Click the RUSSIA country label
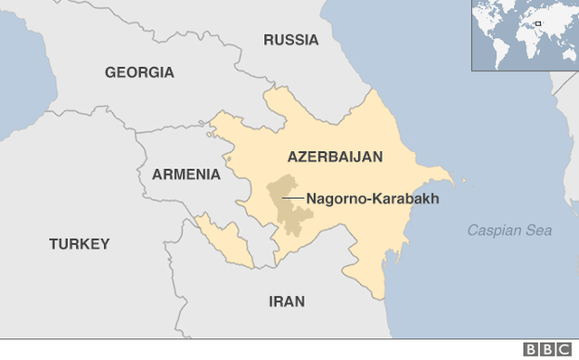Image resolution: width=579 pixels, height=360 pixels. click(x=290, y=40)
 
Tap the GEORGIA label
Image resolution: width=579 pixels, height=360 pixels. click(x=139, y=72)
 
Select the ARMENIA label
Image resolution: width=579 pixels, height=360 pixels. click(x=186, y=174)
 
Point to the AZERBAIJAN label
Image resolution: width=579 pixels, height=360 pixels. click(x=335, y=156)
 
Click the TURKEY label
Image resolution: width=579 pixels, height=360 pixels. click(x=80, y=243)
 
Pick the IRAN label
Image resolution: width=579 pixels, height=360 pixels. click(x=287, y=301)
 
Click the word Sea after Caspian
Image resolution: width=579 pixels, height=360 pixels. click(x=539, y=231)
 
